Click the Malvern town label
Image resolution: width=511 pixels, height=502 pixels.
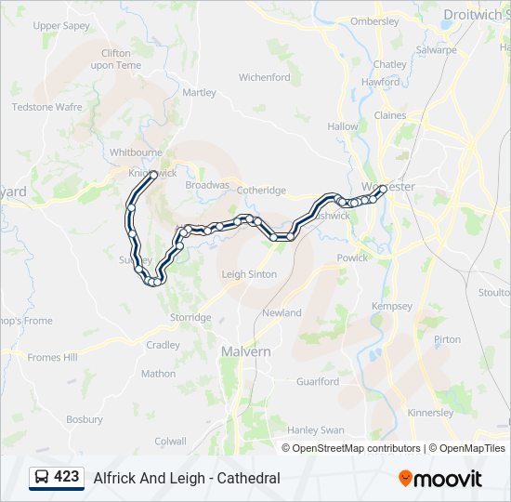point(246,351)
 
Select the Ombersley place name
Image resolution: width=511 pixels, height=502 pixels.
point(374,21)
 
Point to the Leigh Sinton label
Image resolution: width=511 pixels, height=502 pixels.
point(249,274)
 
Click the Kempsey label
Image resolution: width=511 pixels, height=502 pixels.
point(391,306)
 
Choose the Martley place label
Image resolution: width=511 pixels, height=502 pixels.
point(200,93)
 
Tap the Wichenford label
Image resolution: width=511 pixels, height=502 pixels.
point(265,78)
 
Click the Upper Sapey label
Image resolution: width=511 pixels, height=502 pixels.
point(60,26)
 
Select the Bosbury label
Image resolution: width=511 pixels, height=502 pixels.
point(85,419)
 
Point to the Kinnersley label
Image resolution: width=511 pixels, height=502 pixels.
point(430,413)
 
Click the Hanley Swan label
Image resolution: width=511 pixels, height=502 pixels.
point(316,430)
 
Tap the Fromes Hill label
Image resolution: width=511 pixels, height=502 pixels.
point(52,357)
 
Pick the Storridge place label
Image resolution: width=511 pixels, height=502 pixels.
point(190,318)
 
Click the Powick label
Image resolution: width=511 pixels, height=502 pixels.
point(352,258)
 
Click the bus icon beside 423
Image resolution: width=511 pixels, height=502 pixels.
point(42,478)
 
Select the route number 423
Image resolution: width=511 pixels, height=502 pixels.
point(66,477)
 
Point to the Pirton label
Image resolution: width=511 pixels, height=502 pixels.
point(447,339)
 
